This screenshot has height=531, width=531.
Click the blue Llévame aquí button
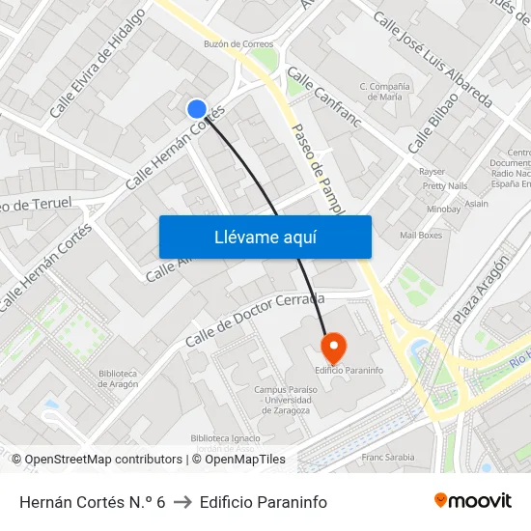(x=265, y=237)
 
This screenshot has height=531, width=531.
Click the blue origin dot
(x=197, y=109)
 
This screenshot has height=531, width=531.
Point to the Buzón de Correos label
(x=238, y=43)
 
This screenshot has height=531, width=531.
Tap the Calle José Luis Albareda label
(x=433, y=60)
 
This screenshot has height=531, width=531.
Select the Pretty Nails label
(x=445, y=185)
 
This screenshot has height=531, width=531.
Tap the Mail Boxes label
(x=421, y=235)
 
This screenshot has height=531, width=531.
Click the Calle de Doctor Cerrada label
(x=254, y=320)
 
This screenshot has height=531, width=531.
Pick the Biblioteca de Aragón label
(x=119, y=377)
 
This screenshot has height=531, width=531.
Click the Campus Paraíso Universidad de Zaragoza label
(x=282, y=400)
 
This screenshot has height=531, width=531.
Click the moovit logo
(x=473, y=500)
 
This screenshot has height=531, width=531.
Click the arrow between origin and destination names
(x=182, y=502)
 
